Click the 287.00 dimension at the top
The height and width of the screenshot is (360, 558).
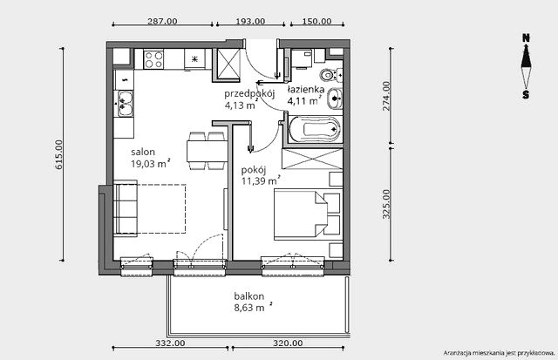pos(162,21)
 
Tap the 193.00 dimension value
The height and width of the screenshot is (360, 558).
pos(250,21)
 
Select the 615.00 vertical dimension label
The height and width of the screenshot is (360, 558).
pos(58,154)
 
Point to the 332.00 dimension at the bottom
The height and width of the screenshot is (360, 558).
pos(170,343)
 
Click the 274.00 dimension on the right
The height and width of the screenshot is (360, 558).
pos(386,96)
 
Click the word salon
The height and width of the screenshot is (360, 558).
pos(143,153)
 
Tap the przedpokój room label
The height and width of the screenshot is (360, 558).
pos(249,94)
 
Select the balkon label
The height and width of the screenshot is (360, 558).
pos(249,296)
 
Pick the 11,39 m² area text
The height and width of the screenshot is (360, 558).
pos(261,181)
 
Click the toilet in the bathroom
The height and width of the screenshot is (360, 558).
pos(330,75)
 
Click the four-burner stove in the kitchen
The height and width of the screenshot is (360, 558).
pos(153,59)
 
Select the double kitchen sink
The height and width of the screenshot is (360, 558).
pos(124,103)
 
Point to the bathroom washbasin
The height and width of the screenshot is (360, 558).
pos(335,98)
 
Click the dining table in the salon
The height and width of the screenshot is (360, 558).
pos(208,151)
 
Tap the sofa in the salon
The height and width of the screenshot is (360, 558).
pos(126,208)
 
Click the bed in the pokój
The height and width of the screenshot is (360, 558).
pos(308,214)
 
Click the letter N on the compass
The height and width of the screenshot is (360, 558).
pos(526,38)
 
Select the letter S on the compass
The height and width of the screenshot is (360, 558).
pos(526,95)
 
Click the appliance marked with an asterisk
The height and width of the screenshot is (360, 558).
pos(194,59)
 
